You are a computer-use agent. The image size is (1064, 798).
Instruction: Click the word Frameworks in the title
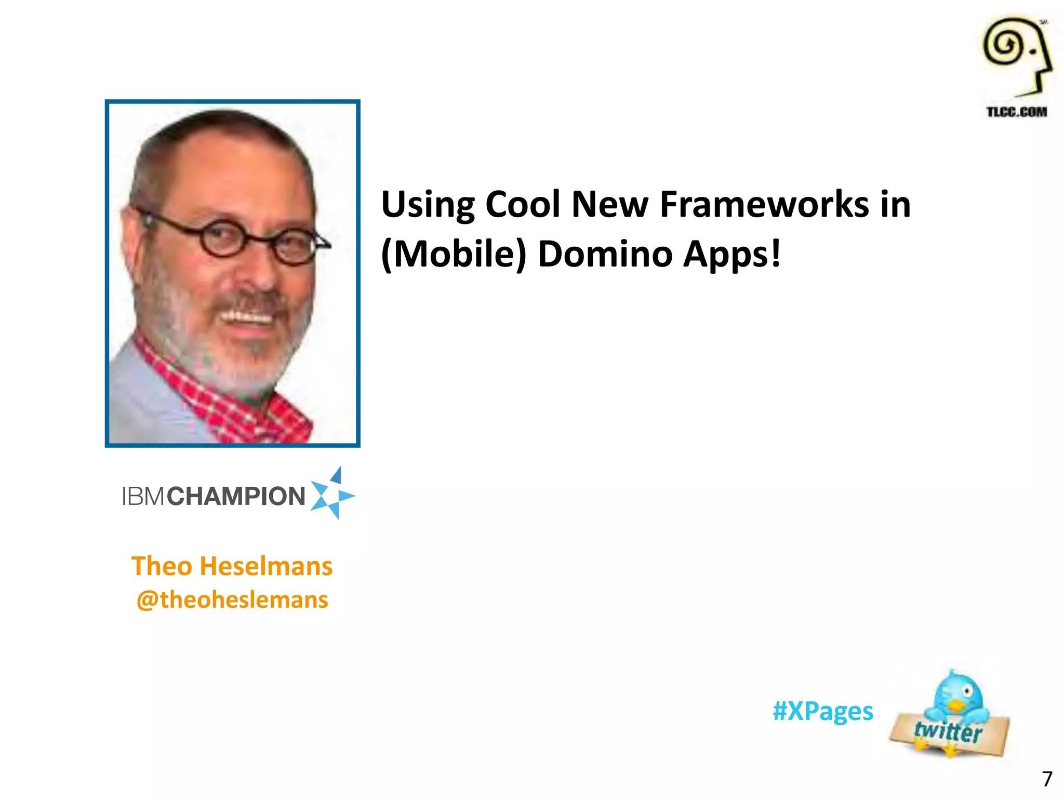pyautogui.click(x=764, y=204)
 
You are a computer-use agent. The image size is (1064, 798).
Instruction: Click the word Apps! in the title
pyautogui.click(x=732, y=255)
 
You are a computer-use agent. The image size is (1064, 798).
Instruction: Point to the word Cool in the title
pyautogui.click(x=523, y=204)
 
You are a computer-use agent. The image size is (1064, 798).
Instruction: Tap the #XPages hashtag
pyautogui.click(x=823, y=711)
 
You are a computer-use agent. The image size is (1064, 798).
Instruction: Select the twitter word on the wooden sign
pyautogui.click(x=948, y=731)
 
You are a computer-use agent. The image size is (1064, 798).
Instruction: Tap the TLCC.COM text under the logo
pyautogui.click(x=1017, y=112)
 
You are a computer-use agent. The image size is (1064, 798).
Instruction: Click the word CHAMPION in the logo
pyautogui.click(x=236, y=496)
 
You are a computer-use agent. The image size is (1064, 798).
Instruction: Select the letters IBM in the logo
pyautogui.click(x=143, y=496)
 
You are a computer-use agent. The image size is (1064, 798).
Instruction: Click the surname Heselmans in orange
pyautogui.click(x=266, y=566)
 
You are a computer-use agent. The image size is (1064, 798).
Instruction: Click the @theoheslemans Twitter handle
pyautogui.click(x=232, y=600)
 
